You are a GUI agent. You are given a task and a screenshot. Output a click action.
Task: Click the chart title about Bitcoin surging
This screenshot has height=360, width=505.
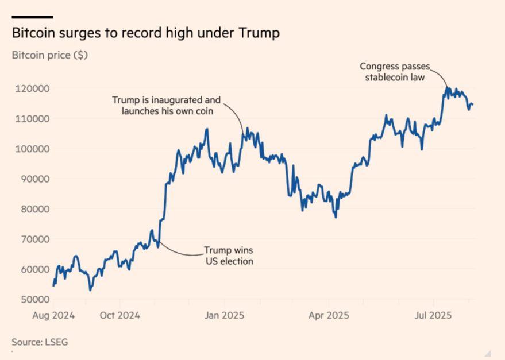coord(146,34)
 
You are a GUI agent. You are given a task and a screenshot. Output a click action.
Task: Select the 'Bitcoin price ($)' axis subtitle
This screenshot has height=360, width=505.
coord(49,56)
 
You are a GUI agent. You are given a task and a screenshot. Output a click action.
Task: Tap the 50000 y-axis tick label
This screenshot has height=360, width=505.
coord(32,300)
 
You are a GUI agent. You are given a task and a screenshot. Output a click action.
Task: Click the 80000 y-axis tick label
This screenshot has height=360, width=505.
coord(32,209)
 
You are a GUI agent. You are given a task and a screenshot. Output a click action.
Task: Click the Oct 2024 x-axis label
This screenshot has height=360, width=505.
coord(119,316)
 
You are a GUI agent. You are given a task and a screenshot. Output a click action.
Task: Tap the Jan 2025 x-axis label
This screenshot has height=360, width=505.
coord(224,316)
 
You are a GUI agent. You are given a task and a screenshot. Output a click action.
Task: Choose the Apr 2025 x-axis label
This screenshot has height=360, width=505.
coord(329,316)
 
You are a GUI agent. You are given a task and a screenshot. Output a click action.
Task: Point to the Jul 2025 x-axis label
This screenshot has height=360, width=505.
coord(433,316)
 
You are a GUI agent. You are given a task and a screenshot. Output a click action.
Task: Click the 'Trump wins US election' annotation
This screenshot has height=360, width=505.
coord(229,256)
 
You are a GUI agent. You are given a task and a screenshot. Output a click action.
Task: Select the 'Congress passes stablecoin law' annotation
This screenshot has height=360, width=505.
coord(394,72)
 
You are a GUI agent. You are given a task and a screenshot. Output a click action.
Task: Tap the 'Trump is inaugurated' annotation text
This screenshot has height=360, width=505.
coord(166,106)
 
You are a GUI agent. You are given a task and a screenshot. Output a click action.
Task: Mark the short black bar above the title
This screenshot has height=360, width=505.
coord(32,17)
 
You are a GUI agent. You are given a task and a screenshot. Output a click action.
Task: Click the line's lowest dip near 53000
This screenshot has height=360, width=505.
coord(90,290)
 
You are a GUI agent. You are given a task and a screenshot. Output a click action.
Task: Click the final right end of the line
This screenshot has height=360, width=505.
coord(472,104)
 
